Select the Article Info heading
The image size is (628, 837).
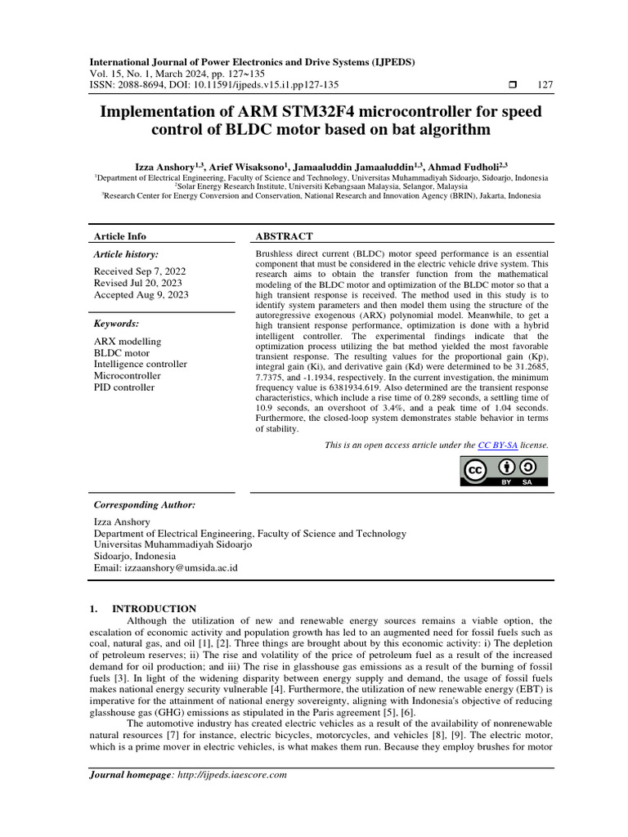(x=120, y=236)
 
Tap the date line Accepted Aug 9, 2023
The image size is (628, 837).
(x=140, y=295)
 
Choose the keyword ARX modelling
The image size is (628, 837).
(x=128, y=341)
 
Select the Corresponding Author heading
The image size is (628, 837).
(x=144, y=505)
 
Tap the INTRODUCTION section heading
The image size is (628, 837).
(x=154, y=609)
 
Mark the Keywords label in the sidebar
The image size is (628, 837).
(x=116, y=324)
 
